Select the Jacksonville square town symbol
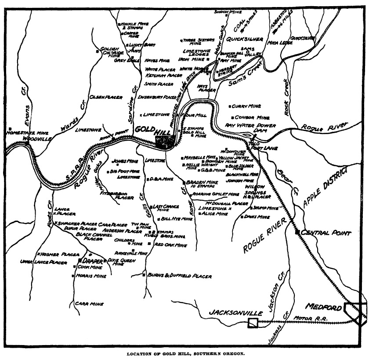[253, 323]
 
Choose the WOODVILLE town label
[37, 138]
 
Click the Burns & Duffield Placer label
[180, 276]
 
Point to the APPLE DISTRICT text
[325, 186]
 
